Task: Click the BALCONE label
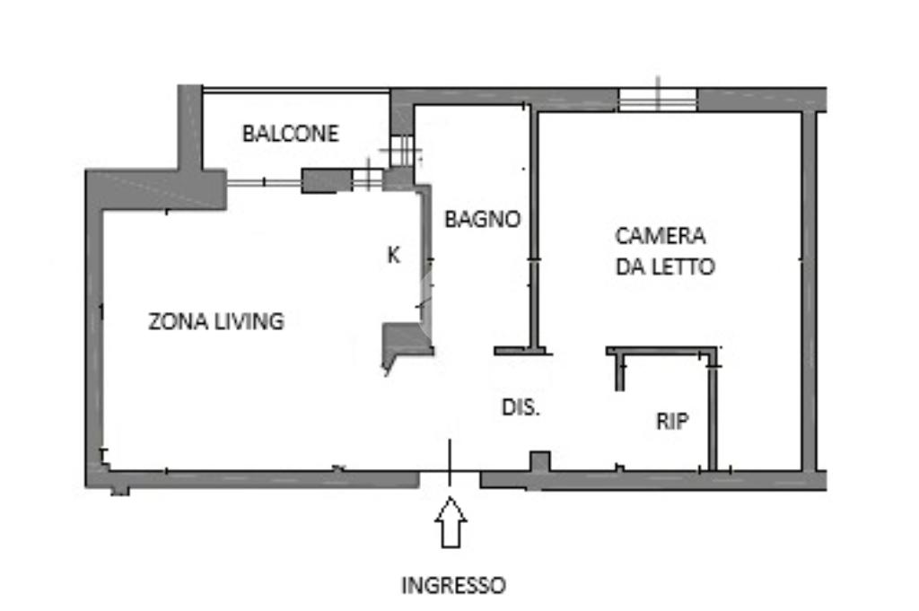(x=291, y=134)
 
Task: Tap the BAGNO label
(x=483, y=218)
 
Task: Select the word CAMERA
(x=660, y=236)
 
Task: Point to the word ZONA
(x=174, y=320)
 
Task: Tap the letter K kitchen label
(x=393, y=255)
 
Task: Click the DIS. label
(x=521, y=406)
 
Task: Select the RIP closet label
(x=672, y=422)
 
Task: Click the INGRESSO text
(x=452, y=586)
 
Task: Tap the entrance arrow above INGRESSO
(x=451, y=523)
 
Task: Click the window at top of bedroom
(x=658, y=100)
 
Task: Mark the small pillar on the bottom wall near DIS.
(x=538, y=462)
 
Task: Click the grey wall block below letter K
(x=407, y=340)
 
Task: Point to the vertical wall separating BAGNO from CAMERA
(x=533, y=229)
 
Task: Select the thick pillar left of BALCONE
(x=189, y=130)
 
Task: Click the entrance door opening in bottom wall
(x=450, y=478)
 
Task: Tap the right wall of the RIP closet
(x=713, y=413)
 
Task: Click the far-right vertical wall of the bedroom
(x=809, y=287)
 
